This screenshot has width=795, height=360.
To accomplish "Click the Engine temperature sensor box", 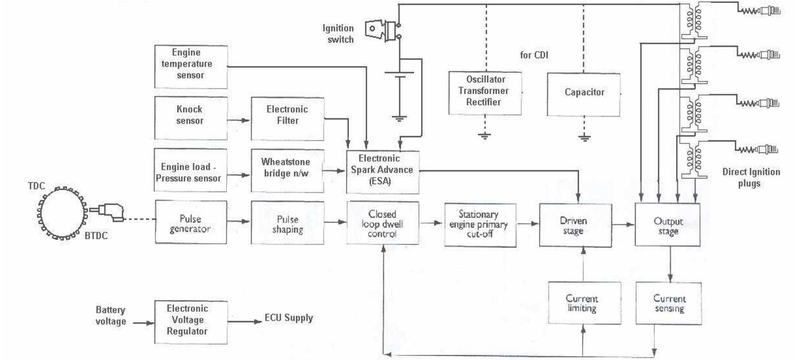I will click(191, 66).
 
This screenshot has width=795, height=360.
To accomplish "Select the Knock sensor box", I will click(191, 118).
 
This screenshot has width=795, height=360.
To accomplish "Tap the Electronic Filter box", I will click(287, 118).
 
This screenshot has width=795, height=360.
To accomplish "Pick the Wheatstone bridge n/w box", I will click(287, 170).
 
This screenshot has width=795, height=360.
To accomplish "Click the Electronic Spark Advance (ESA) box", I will click(382, 172).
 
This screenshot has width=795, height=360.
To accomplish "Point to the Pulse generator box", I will click(191, 222).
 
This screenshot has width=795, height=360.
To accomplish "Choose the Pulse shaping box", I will click(287, 222).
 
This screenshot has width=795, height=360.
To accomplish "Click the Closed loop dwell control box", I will click(383, 223).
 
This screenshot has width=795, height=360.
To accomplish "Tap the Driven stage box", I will click(575, 225).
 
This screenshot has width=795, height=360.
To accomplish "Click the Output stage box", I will click(667, 225).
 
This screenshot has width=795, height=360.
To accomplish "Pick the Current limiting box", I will click(584, 303).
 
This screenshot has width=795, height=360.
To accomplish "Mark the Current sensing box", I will click(668, 303).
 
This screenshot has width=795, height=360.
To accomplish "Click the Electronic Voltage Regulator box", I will click(191, 322).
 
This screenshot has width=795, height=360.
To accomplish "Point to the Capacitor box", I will click(583, 94).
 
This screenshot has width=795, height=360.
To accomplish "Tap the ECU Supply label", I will click(289, 318).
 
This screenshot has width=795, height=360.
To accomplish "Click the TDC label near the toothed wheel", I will click(36, 186).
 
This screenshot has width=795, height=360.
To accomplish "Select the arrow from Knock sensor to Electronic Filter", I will click(238, 120).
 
